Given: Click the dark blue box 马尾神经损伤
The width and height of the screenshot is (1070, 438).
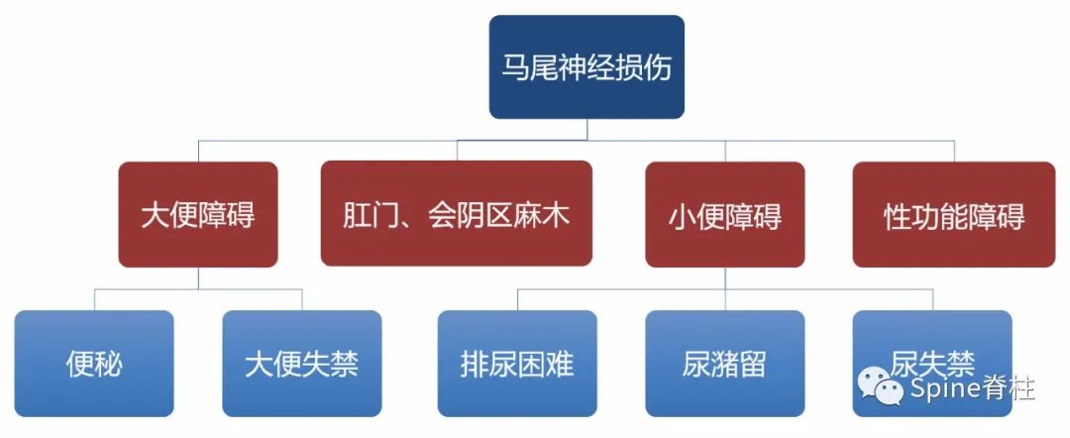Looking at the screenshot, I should (x=587, y=67).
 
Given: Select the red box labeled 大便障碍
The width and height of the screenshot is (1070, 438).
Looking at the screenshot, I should (x=197, y=214).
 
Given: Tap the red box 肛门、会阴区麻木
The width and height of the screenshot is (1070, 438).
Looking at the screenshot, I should (x=457, y=214).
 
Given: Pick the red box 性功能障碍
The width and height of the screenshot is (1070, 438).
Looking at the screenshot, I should (x=953, y=214).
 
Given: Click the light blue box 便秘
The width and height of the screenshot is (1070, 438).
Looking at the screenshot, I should (x=95, y=364).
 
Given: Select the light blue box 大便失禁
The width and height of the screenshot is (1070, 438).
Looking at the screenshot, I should (x=301, y=364).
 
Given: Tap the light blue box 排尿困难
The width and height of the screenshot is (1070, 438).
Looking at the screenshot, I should (x=517, y=364).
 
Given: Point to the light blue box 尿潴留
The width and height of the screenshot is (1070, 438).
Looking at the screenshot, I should (x=724, y=364).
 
